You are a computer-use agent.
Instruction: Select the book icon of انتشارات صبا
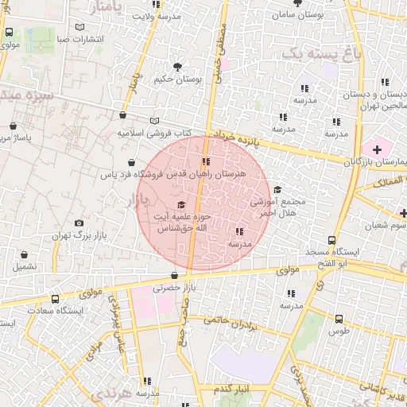click(x=79, y=27)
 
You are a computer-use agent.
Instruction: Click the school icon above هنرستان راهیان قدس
click(x=206, y=161)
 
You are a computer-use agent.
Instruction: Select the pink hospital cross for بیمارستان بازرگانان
click(x=377, y=149)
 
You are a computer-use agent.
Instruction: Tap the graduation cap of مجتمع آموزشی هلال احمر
click(x=277, y=190)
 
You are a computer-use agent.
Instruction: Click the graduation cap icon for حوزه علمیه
click(x=181, y=206)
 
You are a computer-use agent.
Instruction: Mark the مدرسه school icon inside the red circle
click(x=239, y=232)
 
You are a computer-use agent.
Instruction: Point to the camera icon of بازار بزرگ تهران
click(x=78, y=224)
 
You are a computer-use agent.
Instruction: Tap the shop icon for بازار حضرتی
click(x=174, y=275)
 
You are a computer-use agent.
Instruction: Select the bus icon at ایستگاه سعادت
click(x=54, y=299)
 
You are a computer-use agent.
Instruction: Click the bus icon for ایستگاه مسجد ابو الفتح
click(x=331, y=240)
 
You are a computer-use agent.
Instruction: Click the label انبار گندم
click(x=232, y=387)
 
